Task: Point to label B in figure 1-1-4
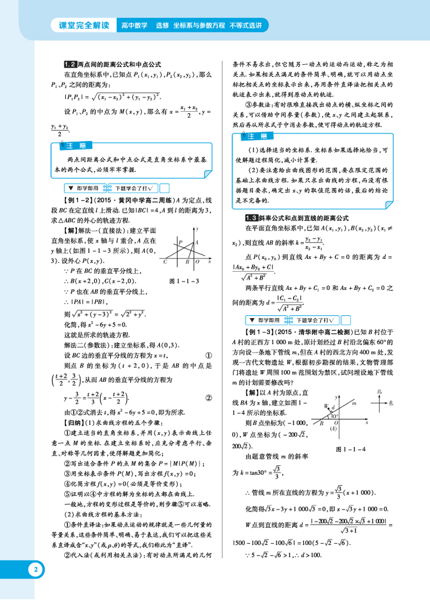(322, 423)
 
